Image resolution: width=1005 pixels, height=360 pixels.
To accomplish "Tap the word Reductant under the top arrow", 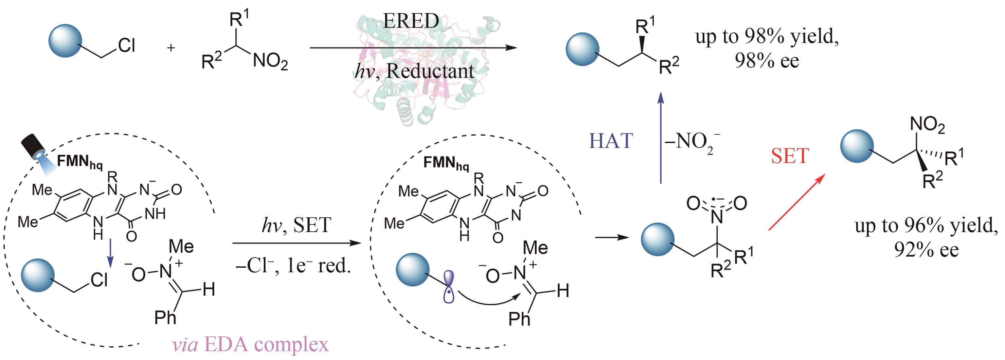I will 430,71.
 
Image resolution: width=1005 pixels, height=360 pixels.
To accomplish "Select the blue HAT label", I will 611,141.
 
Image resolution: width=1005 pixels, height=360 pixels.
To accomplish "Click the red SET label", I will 790,156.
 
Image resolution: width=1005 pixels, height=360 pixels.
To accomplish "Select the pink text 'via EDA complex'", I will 250,344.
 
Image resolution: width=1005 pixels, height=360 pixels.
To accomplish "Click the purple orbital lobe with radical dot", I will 449,287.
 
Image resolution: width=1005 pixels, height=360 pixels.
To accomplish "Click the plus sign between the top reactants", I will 170,48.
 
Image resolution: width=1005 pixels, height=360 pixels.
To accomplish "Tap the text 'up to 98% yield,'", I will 767,37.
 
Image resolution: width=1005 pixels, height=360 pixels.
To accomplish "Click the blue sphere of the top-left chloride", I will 65,41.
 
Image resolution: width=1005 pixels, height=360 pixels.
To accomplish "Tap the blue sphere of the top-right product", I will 582,49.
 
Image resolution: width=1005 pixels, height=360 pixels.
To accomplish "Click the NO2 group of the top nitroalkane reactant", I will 270,62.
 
